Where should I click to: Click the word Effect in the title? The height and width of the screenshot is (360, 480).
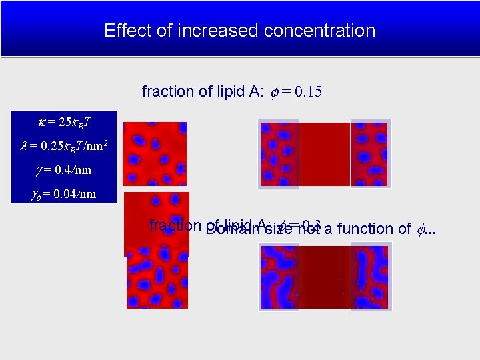coord(123,31)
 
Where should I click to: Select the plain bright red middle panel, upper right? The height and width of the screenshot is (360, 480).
coord(324,153)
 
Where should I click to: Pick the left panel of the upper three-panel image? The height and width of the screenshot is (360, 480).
coord(279,153)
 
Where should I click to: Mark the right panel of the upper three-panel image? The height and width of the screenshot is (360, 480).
coord(369,153)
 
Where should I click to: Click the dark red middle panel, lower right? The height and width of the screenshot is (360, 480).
coord(324,277)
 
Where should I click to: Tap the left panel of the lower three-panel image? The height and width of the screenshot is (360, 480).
coord(279,277)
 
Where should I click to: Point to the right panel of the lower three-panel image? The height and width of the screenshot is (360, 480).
coord(369,277)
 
